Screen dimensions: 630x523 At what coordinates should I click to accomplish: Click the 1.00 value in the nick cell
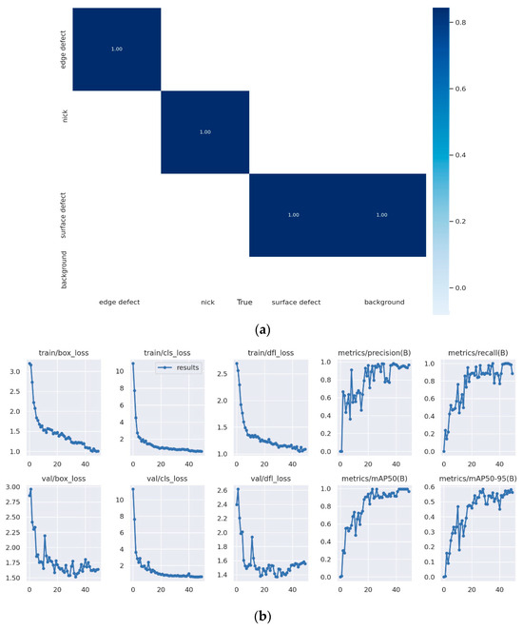pos(204,131)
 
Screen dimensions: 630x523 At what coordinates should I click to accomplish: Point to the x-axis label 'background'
pos(383,302)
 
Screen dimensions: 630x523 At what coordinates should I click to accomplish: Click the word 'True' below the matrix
pos(245,302)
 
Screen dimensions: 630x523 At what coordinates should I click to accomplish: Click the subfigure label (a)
pos(261,326)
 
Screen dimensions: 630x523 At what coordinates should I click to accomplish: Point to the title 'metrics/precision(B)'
pos(365,352)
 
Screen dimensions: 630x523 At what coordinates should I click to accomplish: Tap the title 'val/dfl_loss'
pos(261,478)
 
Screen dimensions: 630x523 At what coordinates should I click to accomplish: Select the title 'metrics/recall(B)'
pos(469,352)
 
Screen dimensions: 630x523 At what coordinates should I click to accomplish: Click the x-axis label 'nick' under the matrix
pos(207,302)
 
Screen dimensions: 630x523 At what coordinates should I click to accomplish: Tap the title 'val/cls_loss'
pos(158,478)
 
